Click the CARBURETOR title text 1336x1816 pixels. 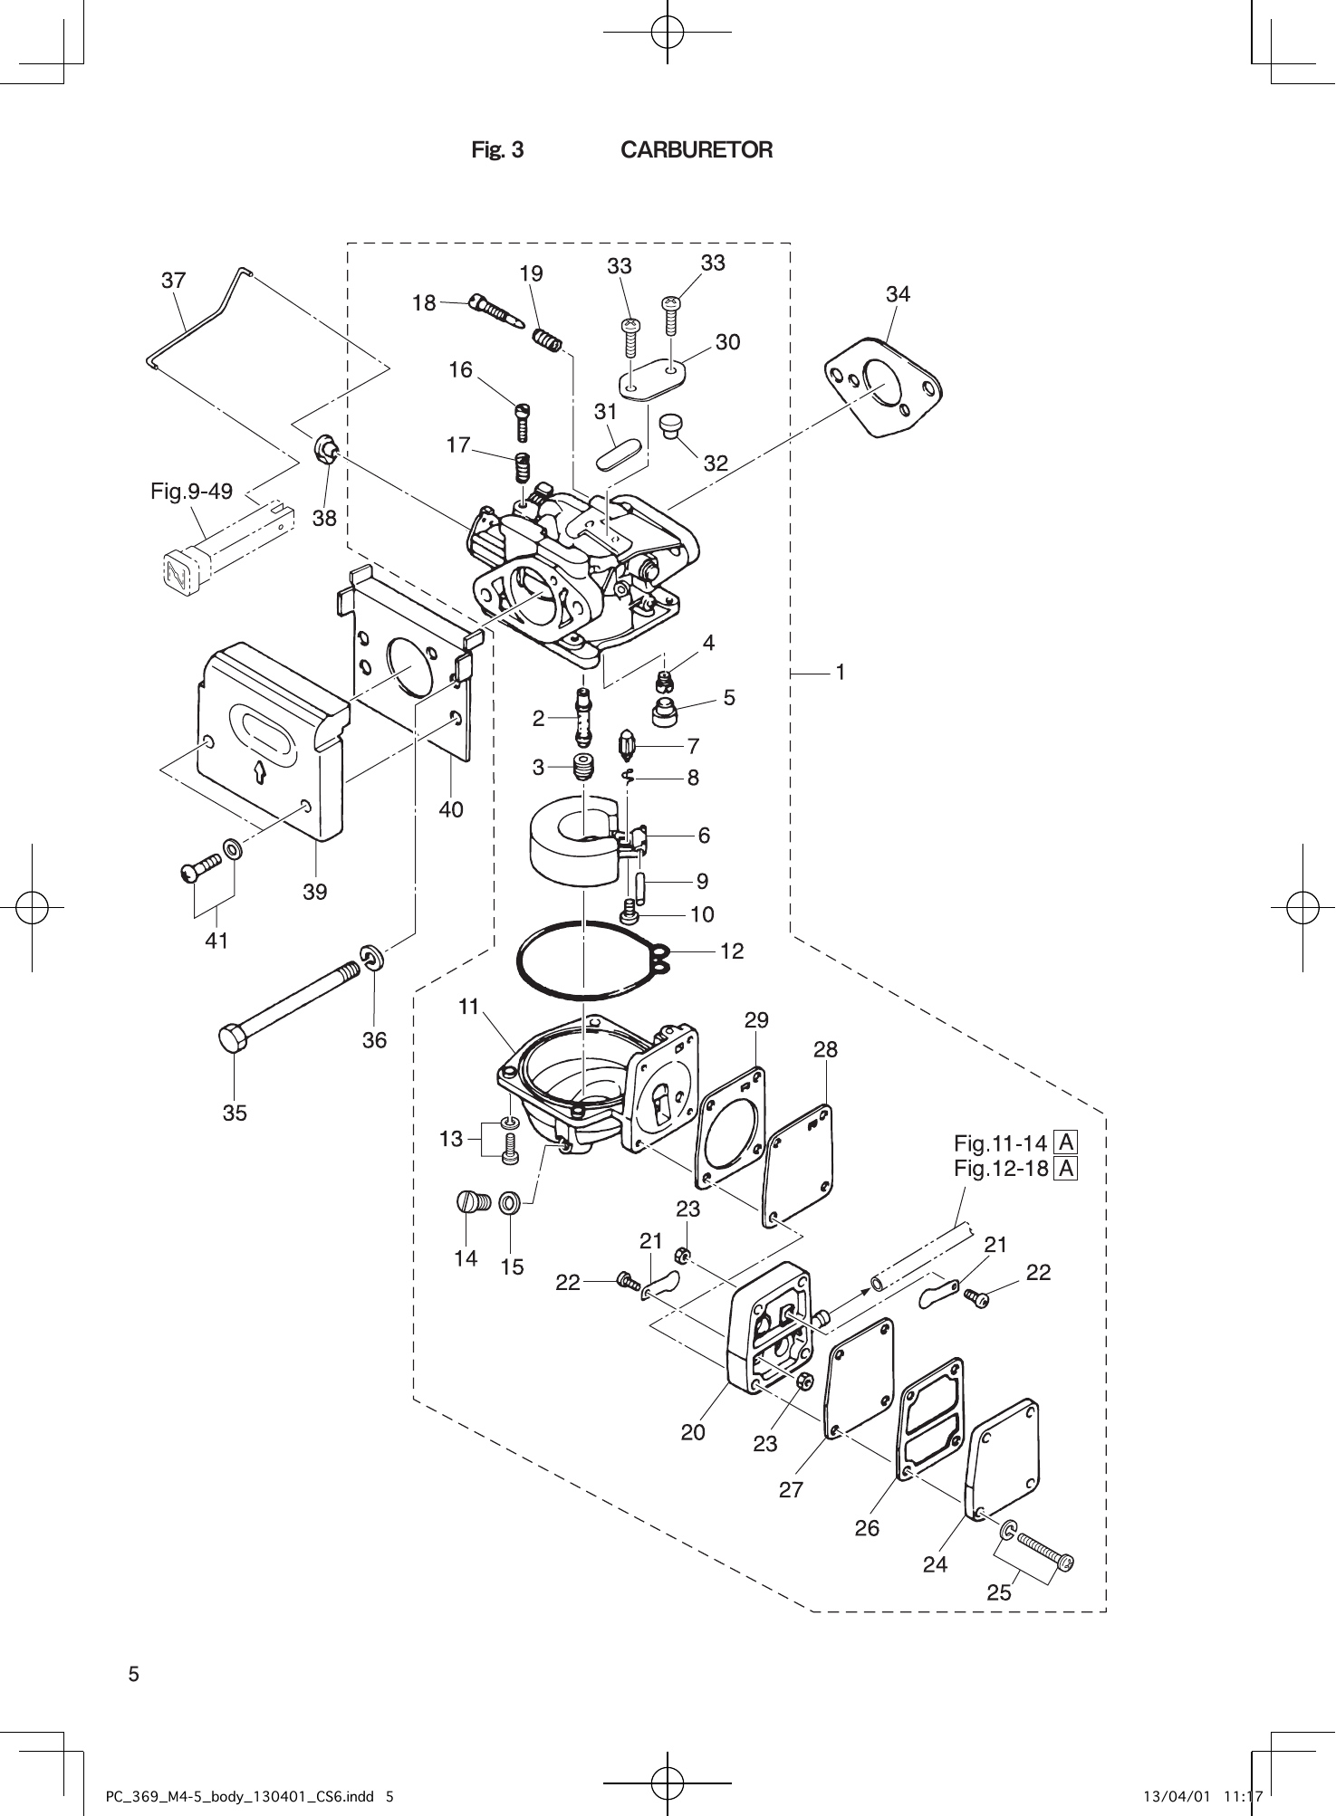[x=697, y=150]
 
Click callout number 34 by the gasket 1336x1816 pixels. [x=898, y=294]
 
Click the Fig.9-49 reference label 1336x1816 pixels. [x=191, y=492]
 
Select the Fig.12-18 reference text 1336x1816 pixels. [x=1001, y=1168]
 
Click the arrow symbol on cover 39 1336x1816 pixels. [x=260, y=771]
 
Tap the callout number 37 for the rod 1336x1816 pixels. [x=174, y=281]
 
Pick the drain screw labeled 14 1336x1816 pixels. [x=472, y=1202]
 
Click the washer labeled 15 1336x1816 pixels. [x=510, y=1203]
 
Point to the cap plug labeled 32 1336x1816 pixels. [x=671, y=425]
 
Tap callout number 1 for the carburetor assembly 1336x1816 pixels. [x=841, y=673]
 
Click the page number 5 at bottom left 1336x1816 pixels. [x=134, y=1674]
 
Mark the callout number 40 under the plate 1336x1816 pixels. [x=450, y=809]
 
